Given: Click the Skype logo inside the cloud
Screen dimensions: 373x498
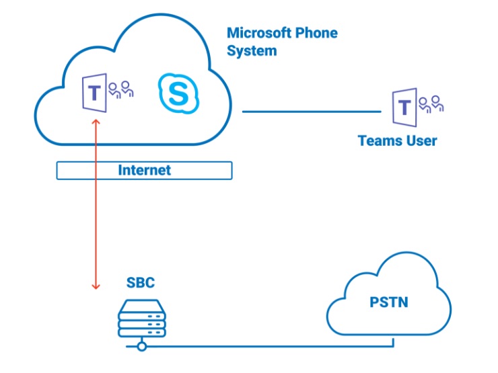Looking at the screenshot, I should pyautogui.click(x=179, y=93).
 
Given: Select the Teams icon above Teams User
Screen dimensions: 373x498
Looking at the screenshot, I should pyautogui.click(x=403, y=106).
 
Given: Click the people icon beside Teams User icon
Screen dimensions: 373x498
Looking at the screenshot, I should pyautogui.click(x=431, y=104).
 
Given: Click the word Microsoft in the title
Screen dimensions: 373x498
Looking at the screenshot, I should pyautogui.click(x=261, y=32).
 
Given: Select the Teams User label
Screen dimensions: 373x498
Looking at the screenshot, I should pyautogui.click(x=397, y=141).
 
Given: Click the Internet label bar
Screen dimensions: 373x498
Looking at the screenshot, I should pyautogui.click(x=144, y=171).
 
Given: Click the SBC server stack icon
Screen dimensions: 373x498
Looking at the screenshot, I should pyautogui.click(x=141, y=319).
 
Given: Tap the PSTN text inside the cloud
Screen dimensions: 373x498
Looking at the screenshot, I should pyautogui.click(x=388, y=303).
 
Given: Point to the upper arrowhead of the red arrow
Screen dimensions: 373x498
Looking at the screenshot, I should pyautogui.click(x=96, y=122).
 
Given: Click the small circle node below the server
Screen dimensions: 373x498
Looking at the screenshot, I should pyautogui.click(x=141, y=346).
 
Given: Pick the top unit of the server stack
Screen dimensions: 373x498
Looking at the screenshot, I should pyautogui.click(x=141, y=306).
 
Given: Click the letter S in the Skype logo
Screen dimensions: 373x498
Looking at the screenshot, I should pyautogui.click(x=179, y=93).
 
